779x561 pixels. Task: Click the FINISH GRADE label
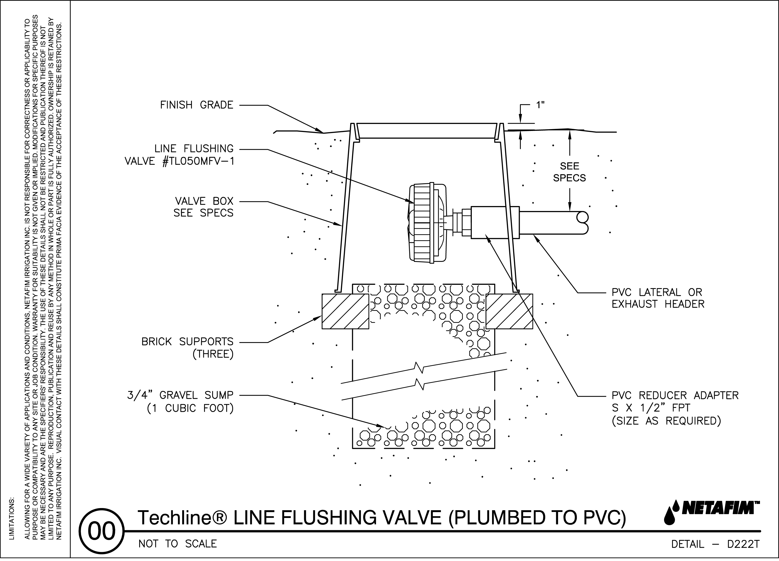197,105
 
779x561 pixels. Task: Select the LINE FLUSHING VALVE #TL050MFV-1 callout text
179,155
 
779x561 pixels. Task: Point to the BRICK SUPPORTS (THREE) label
188,348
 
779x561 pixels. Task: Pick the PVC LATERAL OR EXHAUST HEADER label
658,298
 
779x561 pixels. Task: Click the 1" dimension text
541,105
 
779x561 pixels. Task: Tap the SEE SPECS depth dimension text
569,172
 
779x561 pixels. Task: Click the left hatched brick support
345,311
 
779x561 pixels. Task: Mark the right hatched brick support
509,311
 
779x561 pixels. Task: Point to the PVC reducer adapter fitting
495,222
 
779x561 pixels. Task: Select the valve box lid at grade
427,131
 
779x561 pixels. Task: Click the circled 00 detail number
102,531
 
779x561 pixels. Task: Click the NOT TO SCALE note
177,544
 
